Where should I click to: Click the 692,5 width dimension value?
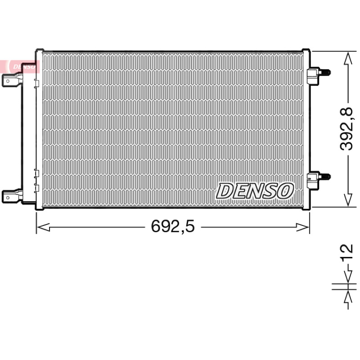point(173,226)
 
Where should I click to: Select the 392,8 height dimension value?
point(346,129)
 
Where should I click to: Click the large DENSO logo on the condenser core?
point(255,190)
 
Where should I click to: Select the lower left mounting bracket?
point(13,197)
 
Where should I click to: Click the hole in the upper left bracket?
point(8,81)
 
